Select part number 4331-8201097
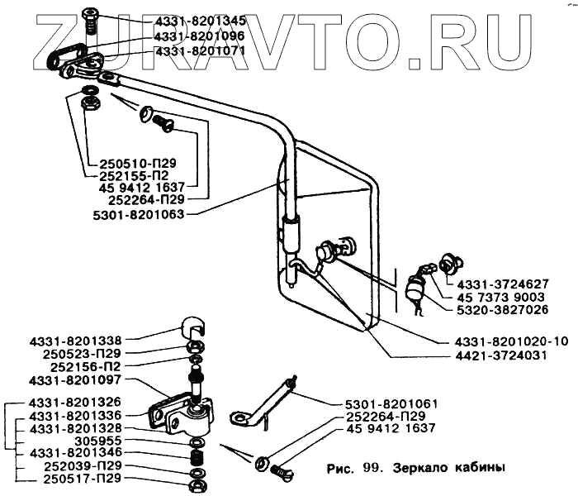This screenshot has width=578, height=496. tap(73, 379)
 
